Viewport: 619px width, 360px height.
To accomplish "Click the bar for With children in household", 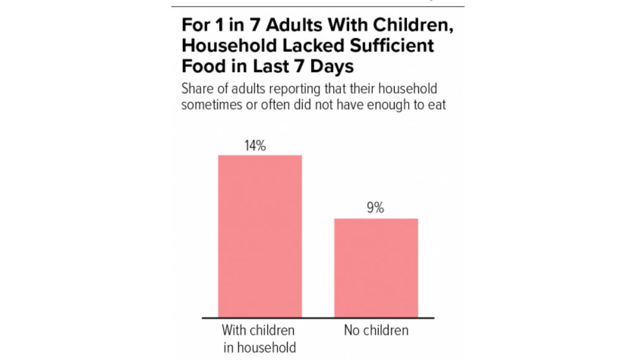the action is tap(260, 236).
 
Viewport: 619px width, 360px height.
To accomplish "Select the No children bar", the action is tap(376, 268).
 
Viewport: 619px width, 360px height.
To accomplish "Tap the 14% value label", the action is tap(255, 146).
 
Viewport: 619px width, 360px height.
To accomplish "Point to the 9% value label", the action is tap(375, 207).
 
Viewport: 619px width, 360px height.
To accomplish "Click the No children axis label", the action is tap(376, 330).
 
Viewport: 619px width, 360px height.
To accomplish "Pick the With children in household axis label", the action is tap(259, 339).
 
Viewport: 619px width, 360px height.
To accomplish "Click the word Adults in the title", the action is tap(294, 25).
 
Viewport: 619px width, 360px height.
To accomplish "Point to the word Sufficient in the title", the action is tap(392, 46).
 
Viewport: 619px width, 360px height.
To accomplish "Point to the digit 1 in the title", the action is tap(220, 25).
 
